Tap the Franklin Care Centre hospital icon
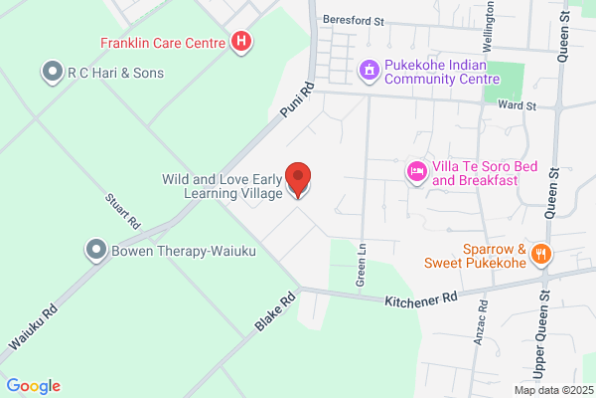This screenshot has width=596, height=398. (x=240, y=42)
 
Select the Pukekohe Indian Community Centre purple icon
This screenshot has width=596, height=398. (x=369, y=71)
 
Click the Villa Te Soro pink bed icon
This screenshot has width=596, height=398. (x=417, y=172)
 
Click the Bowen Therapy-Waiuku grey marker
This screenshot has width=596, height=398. (x=96, y=249)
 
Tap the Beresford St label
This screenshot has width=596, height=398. (x=352, y=20)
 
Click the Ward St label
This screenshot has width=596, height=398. (x=517, y=104)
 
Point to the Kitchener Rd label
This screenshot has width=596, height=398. (x=422, y=298)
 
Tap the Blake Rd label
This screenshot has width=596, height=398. (x=275, y=312)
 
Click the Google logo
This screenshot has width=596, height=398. (x=33, y=386)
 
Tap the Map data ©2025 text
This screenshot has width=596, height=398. (x=552, y=389)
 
